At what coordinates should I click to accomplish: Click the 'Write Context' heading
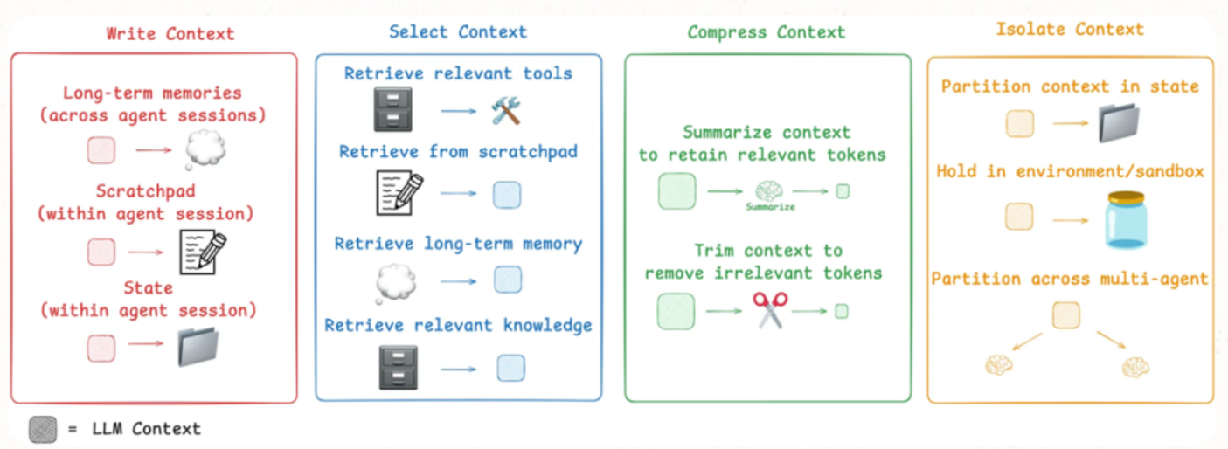(x=170, y=34)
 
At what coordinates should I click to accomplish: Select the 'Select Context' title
(x=458, y=32)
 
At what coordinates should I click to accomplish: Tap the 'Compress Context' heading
(x=767, y=32)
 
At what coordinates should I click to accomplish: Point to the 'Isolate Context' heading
(x=1070, y=29)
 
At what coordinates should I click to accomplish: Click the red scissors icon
(x=770, y=310)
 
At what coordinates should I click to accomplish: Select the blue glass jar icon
(x=1124, y=219)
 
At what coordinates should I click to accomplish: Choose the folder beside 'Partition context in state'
(x=1120, y=123)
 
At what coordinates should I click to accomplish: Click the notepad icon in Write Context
(x=202, y=252)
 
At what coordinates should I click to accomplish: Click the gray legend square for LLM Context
(x=42, y=429)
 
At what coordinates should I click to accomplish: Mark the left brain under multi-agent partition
(x=999, y=365)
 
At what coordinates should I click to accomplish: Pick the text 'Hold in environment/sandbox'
(x=1070, y=171)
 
